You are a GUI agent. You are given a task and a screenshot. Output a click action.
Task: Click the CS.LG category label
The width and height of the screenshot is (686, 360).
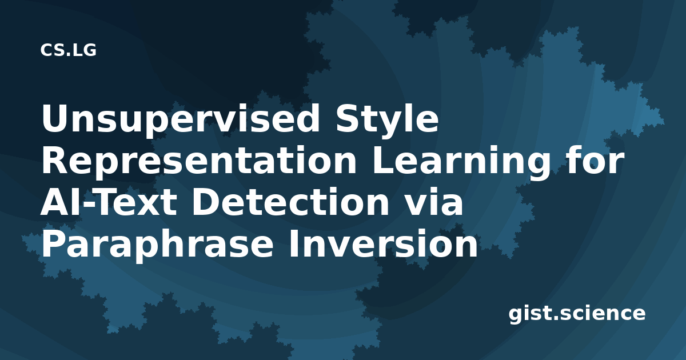tap(68, 50)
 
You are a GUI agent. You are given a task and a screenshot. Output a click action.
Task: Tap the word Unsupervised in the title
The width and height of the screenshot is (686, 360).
tap(181, 121)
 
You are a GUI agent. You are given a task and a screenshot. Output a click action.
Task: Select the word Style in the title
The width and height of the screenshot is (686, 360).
tap(387, 121)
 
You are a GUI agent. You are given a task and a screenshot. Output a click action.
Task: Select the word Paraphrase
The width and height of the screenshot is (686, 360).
tap(157, 245)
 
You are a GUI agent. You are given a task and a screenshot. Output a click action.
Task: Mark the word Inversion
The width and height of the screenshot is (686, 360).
tap(383, 243)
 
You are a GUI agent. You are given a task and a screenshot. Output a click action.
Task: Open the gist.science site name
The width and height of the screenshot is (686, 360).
tap(577, 314)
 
